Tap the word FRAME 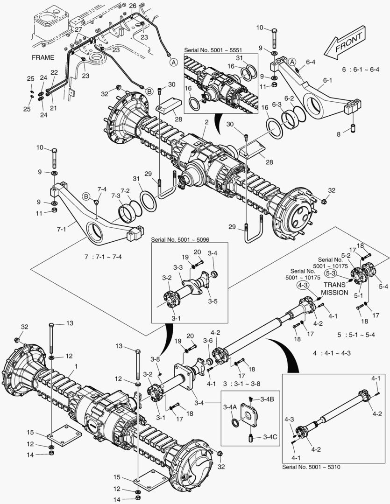click(43, 57)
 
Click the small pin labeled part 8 click(354, 127)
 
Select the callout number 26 click(133, 5)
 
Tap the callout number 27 click(78, 29)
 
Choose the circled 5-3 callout click(331, 273)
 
